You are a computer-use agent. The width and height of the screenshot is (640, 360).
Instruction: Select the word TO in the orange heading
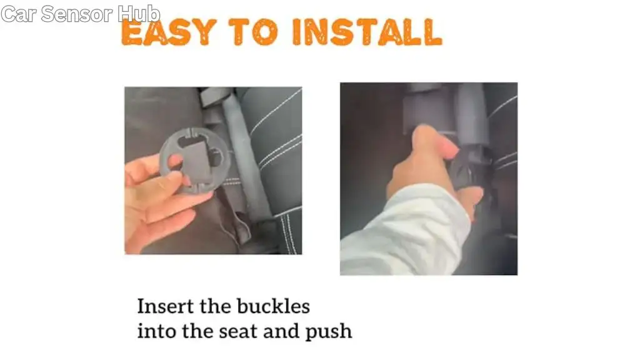(253, 32)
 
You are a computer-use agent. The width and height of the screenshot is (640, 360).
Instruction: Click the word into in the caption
(156, 331)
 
